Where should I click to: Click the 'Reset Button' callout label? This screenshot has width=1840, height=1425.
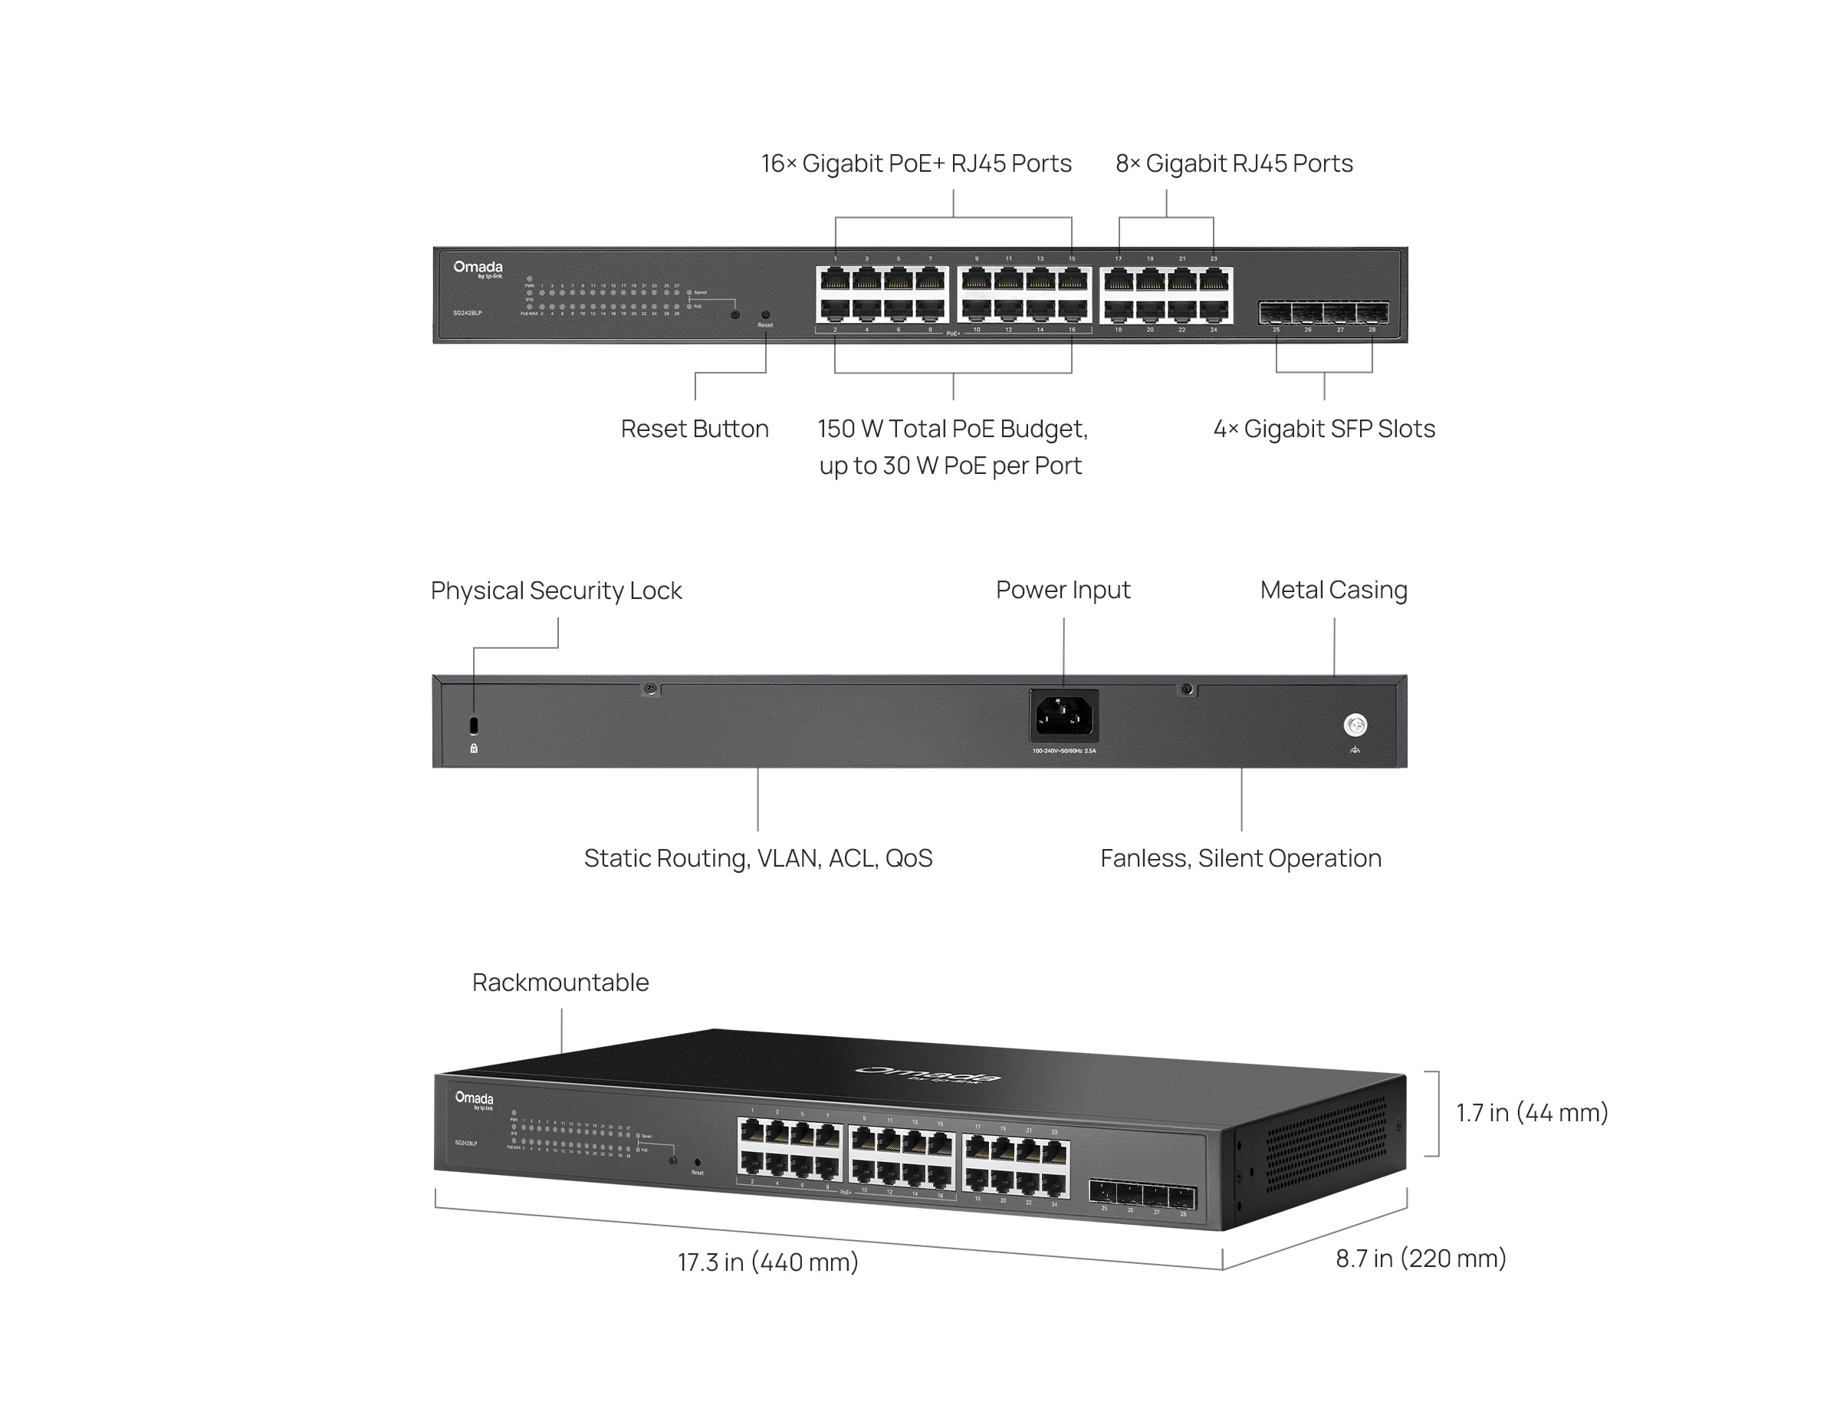click(694, 429)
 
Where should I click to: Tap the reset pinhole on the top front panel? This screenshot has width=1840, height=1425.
click(765, 314)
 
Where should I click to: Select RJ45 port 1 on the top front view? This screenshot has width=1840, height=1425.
click(834, 280)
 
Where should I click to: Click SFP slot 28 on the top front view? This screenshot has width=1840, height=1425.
click(1372, 314)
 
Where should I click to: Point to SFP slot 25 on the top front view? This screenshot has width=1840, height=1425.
click(1276, 314)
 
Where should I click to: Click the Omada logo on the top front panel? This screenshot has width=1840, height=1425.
click(478, 268)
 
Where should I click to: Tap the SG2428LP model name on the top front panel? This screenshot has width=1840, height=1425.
click(467, 314)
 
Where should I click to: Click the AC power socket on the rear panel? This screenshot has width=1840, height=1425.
click(1063, 716)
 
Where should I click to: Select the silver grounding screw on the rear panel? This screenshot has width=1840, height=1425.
click(1355, 725)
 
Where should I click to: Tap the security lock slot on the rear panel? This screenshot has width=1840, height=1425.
click(474, 725)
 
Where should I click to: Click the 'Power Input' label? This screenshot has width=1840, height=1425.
click(1063, 590)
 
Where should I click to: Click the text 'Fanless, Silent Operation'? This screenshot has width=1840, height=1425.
click(1240, 858)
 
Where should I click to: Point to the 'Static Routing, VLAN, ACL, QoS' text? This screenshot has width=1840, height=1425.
click(757, 858)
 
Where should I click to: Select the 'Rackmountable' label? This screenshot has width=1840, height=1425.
click(560, 982)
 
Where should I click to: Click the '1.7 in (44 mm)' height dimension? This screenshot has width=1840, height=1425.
click(1532, 1112)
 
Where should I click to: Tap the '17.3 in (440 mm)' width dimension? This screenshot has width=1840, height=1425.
click(767, 1262)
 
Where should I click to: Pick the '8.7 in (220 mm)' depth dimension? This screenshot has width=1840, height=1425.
click(1421, 1258)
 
